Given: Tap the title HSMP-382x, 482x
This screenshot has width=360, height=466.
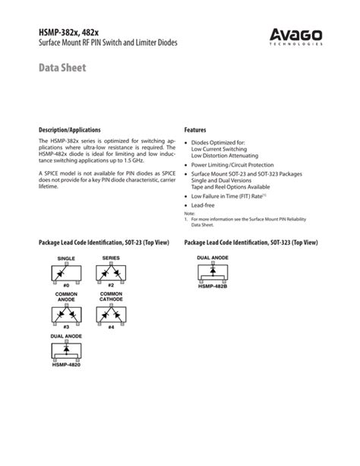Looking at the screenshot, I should click(72, 31).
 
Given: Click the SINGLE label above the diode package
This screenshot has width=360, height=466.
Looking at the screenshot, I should click(67, 258).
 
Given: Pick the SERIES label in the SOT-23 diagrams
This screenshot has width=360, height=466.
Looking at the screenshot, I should click(112, 258).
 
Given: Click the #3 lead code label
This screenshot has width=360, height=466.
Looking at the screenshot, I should click(67, 327).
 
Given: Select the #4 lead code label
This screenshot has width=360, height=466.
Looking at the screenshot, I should click(112, 327).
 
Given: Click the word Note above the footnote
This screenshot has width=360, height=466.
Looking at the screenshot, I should click(189, 214).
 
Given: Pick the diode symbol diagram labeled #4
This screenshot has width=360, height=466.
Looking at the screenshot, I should click(112, 313).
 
